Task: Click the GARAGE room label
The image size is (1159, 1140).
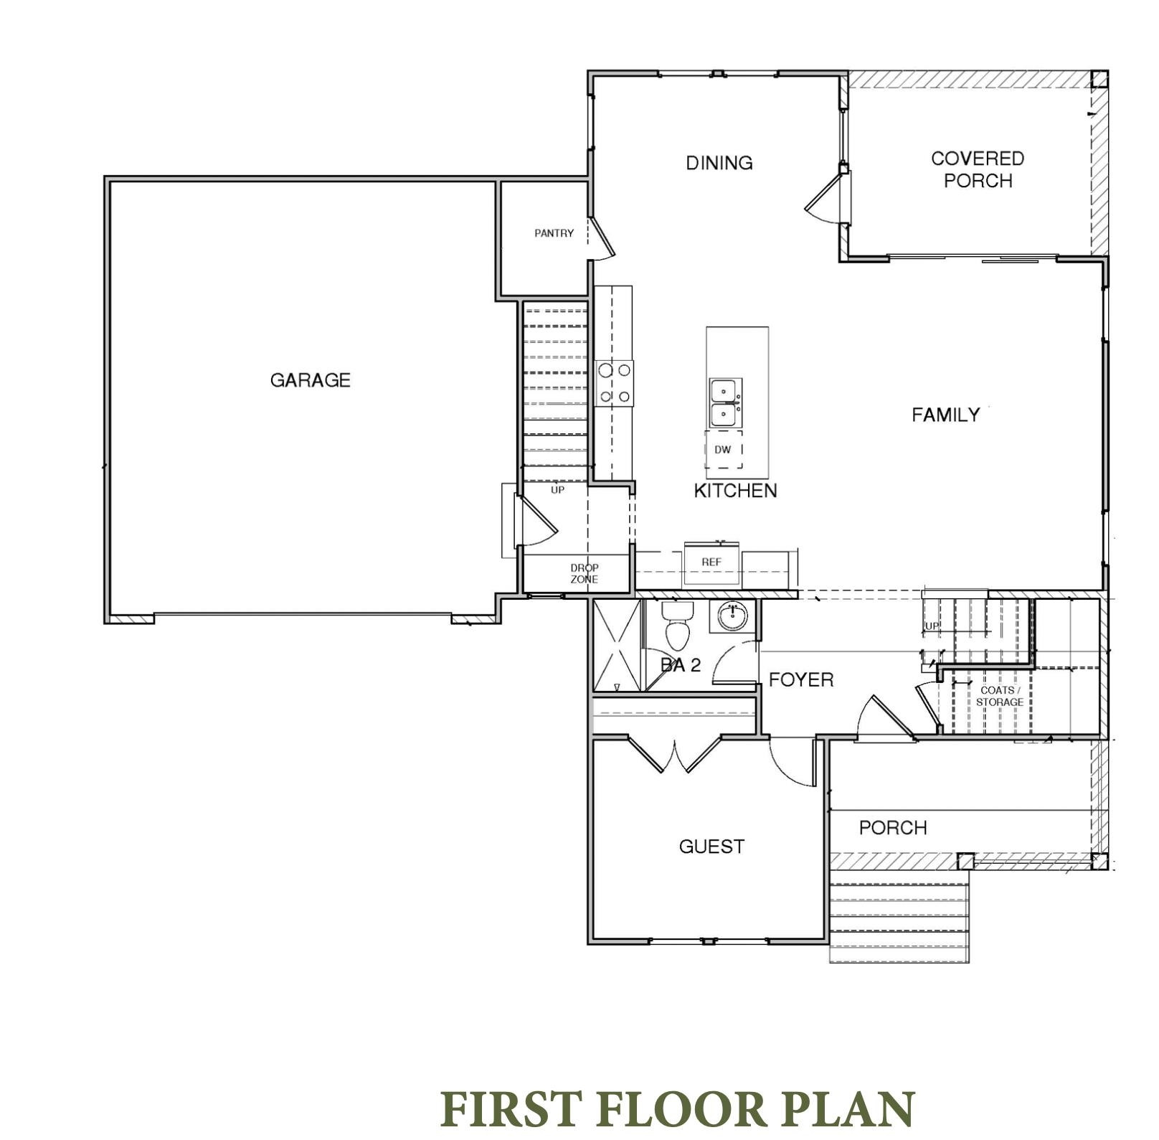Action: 310,380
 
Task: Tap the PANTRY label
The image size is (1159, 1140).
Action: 554,233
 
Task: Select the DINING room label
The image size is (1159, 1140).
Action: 719,163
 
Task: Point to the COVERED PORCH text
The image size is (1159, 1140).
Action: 977,169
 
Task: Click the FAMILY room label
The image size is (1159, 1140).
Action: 945,415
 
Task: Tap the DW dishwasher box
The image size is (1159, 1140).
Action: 723,450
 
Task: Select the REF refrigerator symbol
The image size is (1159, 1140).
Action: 711,562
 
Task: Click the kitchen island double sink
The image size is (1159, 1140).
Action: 725,403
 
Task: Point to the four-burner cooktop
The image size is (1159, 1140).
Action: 615,383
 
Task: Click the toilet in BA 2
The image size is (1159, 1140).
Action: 676,626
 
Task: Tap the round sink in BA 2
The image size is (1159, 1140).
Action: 732,616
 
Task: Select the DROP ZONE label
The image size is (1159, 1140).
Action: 584,573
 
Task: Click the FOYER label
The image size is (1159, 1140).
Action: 800,679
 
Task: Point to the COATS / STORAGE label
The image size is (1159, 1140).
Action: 999,696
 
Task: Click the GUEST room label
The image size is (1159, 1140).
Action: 711,847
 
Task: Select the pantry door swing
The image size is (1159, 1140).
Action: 602,239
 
